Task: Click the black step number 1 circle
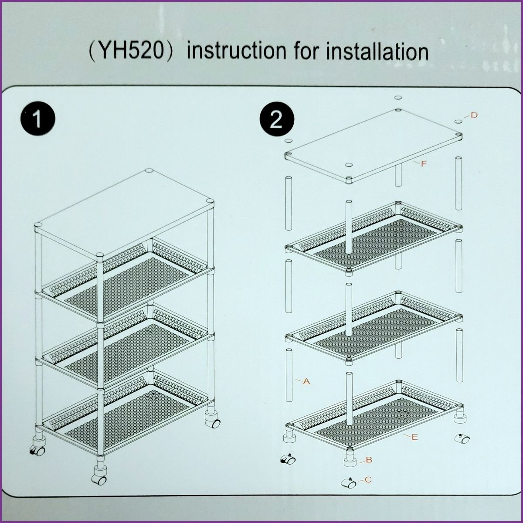[x=38, y=119]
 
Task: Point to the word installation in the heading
[x=377, y=51]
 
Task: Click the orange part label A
[x=306, y=381]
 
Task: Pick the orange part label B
[x=369, y=459]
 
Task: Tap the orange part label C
[x=368, y=480]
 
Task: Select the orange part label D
[x=474, y=115]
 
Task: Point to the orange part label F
[x=424, y=164]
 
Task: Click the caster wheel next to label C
[x=349, y=483]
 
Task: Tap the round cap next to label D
[x=459, y=122]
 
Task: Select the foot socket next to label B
[x=350, y=461]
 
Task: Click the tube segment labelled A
[x=289, y=375]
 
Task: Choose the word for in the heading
[x=306, y=51]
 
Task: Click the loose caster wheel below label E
[x=462, y=446]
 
